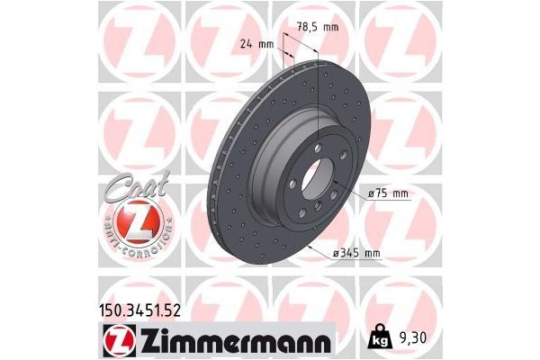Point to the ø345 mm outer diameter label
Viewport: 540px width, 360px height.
(356, 255)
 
